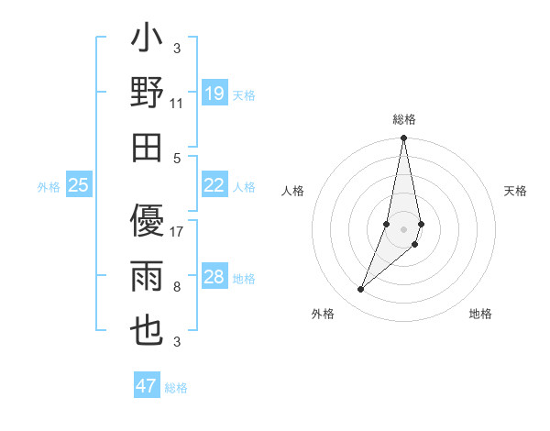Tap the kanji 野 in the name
pos(147,94)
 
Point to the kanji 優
pos(147,221)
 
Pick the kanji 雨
pos(147,276)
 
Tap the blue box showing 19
pos(214,94)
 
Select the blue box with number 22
pos(214,185)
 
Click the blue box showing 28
pos(214,277)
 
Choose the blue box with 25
pos(79,185)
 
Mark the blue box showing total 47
pos(147,386)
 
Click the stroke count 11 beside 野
pos(177,104)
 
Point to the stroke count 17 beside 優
pos(177,232)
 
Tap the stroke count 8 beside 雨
pos(177,287)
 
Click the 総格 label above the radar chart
pos(404,119)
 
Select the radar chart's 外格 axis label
pos(323,314)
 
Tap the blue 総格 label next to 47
pos(176,387)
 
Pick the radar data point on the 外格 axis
pos(361,290)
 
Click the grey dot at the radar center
pos(404,228)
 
